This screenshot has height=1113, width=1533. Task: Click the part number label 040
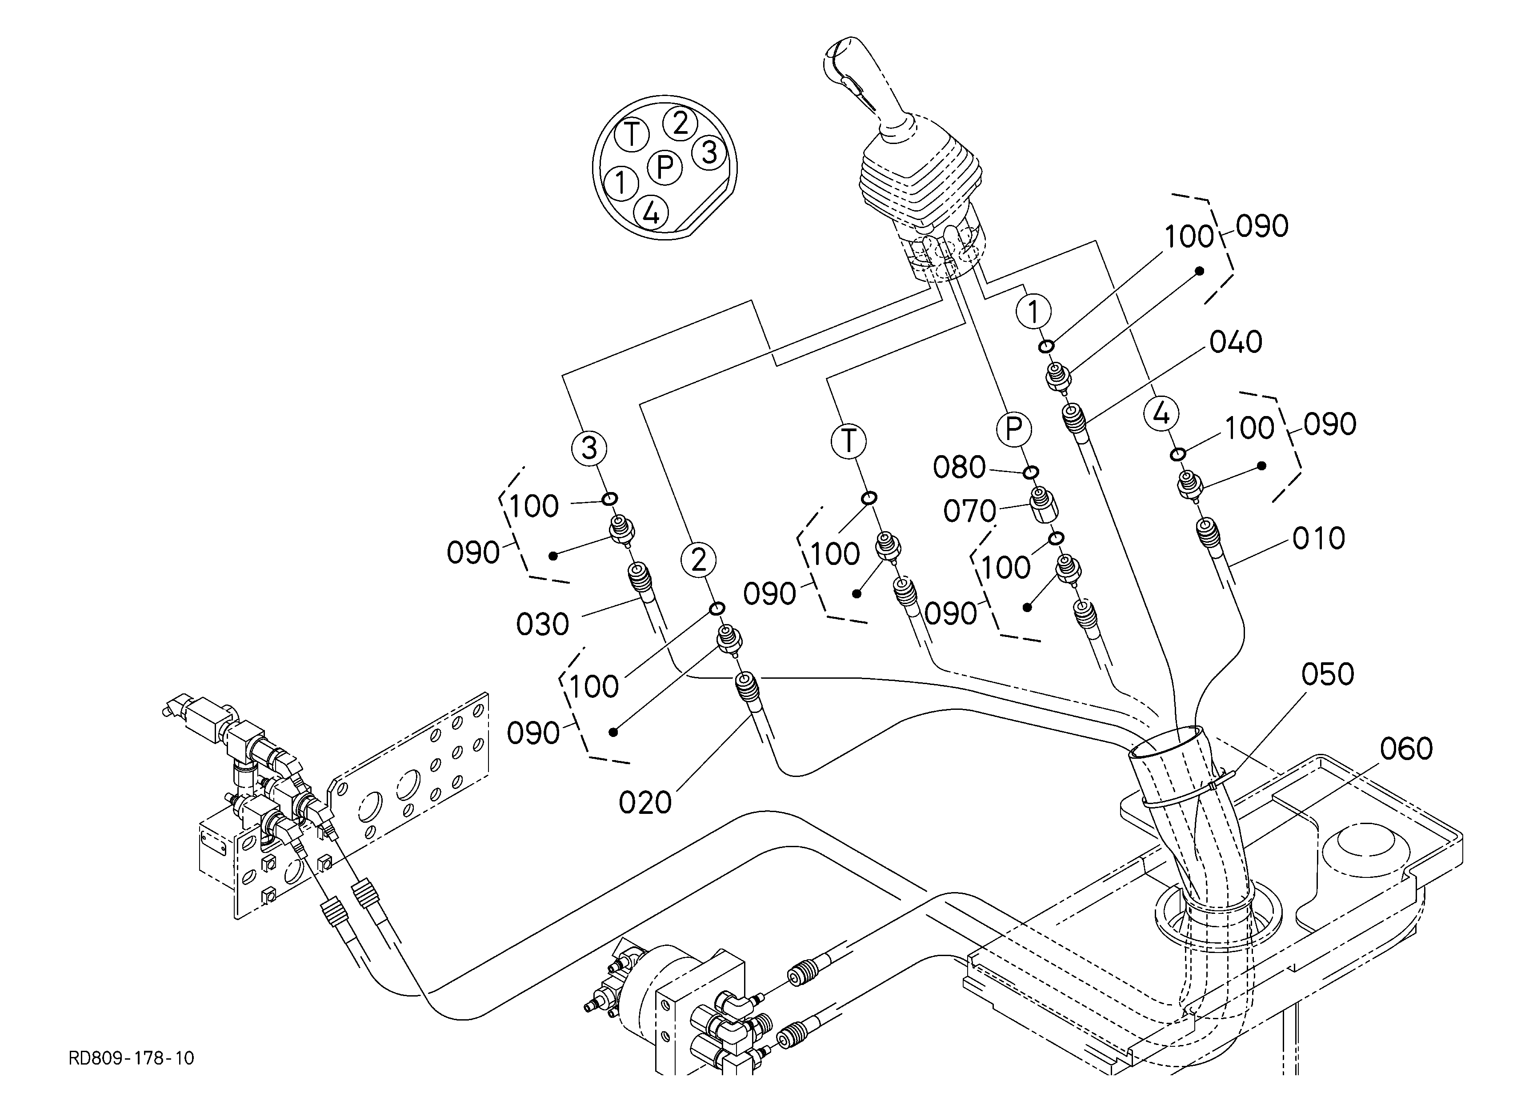point(1236,343)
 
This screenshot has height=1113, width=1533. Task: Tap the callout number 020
point(645,803)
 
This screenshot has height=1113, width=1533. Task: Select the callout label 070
point(970,512)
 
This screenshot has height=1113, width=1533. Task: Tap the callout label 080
point(960,468)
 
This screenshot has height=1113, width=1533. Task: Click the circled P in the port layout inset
point(665,167)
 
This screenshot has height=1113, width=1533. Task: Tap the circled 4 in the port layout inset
point(651,213)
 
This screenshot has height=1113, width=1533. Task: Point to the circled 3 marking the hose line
point(589,448)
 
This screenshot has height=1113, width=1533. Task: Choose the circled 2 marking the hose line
point(699,560)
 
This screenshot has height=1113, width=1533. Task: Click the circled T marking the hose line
point(849,441)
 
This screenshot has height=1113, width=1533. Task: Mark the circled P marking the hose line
point(1013,429)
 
